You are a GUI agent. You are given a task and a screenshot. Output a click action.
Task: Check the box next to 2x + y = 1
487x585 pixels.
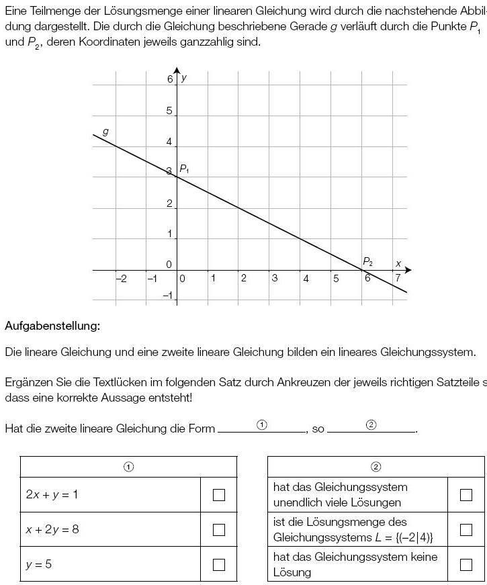[218, 495]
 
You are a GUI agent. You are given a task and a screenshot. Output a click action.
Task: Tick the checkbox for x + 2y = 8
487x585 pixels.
[218, 530]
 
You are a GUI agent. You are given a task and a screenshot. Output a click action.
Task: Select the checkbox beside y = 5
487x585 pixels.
[218, 564]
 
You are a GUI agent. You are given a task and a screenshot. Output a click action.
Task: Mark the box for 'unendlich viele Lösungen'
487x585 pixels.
[466, 495]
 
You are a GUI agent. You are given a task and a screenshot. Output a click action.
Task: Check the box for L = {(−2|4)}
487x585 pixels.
[466, 530]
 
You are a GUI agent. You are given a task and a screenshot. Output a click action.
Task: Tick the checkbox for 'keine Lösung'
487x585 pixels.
[466, 564]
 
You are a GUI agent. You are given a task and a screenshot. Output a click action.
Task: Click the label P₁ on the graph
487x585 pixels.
[184, 169]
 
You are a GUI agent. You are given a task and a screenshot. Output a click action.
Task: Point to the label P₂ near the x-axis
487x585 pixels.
[367, 261]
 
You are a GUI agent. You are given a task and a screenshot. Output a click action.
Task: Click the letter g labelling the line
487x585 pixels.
[105, 131]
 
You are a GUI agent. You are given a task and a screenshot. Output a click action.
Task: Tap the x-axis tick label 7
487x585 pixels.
[398, 278]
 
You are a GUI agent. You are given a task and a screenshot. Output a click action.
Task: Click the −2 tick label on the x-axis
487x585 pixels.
[121, 279]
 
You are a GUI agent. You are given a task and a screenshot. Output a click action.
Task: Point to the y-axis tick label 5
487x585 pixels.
[169, 111]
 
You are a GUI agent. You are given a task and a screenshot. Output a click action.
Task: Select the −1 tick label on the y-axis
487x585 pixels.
[167, 296]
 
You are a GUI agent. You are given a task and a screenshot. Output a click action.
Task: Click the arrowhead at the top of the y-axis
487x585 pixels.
[177, 71]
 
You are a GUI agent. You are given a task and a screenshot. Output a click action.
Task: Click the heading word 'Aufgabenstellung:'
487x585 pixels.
[52, 326]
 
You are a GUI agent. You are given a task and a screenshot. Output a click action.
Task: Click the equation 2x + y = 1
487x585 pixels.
[52, 495]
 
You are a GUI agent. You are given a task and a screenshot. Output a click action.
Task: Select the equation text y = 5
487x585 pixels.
[39, 564]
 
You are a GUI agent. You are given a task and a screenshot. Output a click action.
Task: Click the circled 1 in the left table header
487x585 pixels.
[129, 467]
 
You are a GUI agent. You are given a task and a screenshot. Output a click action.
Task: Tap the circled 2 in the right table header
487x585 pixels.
[375, 467]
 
